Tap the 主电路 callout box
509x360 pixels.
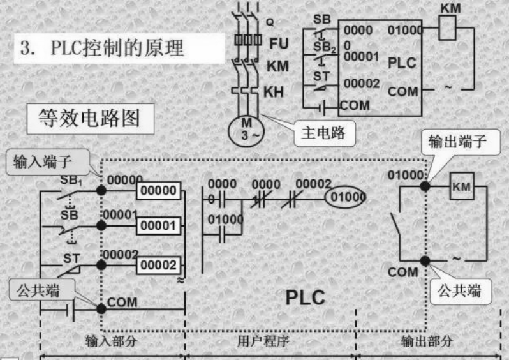click(323, 133)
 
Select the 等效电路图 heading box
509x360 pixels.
click(89, 119)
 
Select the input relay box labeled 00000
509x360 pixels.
click(158, 190)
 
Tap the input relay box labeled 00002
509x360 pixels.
click(158, 264)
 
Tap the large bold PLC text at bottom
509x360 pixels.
click(304, 297)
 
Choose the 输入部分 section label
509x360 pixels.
click(112, 341)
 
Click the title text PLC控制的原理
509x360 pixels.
click(102, 49)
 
